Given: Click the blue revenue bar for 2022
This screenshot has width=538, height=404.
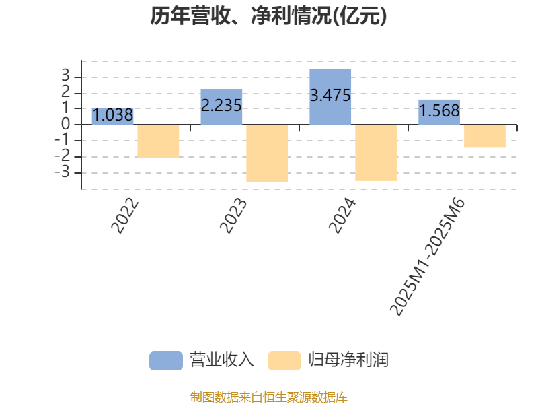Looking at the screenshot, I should pos(112,116).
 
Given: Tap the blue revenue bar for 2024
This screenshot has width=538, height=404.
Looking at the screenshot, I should pos(330,96).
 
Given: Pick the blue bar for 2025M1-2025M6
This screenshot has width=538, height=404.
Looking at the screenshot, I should pos(439,112).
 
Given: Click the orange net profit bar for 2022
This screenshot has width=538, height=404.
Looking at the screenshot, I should pos(159,141).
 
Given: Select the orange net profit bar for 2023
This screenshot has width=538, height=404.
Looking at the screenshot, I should pos(267,153).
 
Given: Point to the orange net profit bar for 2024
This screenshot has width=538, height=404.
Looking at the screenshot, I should pos(376,153).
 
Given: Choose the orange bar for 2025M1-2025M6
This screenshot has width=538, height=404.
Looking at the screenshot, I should pos(485,136).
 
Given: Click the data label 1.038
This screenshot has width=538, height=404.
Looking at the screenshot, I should pos(112,115).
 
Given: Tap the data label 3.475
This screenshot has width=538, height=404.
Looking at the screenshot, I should pos(330,96).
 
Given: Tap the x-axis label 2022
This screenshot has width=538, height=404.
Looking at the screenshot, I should pos(125,217).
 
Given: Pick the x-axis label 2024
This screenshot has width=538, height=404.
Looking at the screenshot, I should pos(342,217).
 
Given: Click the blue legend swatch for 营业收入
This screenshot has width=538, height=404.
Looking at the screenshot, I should pos(165,360).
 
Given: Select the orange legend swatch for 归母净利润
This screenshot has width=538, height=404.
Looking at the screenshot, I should pos(284,360).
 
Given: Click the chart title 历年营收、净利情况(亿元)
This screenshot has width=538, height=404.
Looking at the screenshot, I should pos(269,17).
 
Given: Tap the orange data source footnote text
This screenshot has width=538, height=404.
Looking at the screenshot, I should pos(269,397).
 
